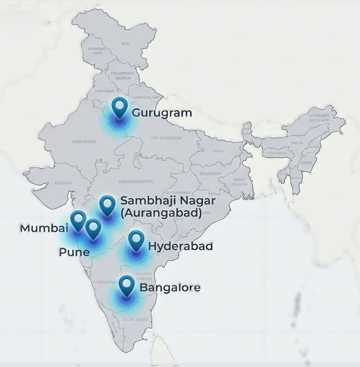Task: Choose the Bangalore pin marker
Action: click(127, 285)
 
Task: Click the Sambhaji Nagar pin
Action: click(107, 205)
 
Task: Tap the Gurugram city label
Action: click(162, 113)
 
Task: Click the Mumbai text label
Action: click(43, 229)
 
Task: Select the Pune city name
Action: click(74, 252)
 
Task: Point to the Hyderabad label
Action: click(181, 246)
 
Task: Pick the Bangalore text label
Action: click(170, 288)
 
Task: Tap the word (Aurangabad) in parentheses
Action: click(161, 213)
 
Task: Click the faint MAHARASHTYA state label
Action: click(136, 181)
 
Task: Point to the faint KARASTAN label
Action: click(84, 142)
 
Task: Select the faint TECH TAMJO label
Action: click(135, 319)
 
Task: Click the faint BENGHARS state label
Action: click(210, 173)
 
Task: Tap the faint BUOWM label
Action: click(63, 183)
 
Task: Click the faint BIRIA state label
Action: click(218, 150)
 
